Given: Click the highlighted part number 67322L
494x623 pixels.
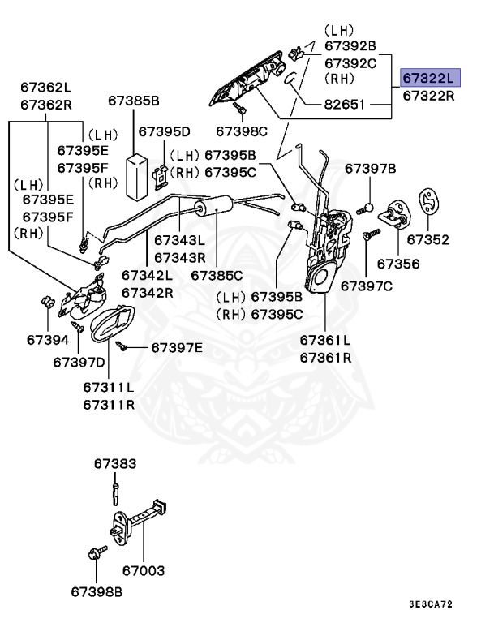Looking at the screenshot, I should click(429, 78).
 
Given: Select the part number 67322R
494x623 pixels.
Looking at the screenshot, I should click(429, 96).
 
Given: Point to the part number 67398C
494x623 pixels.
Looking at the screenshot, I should click(241, 131).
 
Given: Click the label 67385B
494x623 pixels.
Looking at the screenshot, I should click(134, 101).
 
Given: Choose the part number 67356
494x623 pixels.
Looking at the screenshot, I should click(397, 264).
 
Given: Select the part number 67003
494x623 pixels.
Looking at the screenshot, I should click(144, 571).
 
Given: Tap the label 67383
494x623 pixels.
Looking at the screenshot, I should click(114, 464).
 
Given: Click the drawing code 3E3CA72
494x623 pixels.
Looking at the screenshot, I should click(430, 605).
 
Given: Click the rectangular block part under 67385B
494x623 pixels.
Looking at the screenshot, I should click(135, 174).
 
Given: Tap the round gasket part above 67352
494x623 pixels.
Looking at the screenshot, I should click(427, 200).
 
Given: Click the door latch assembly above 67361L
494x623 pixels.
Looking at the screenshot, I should click(328, 247).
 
